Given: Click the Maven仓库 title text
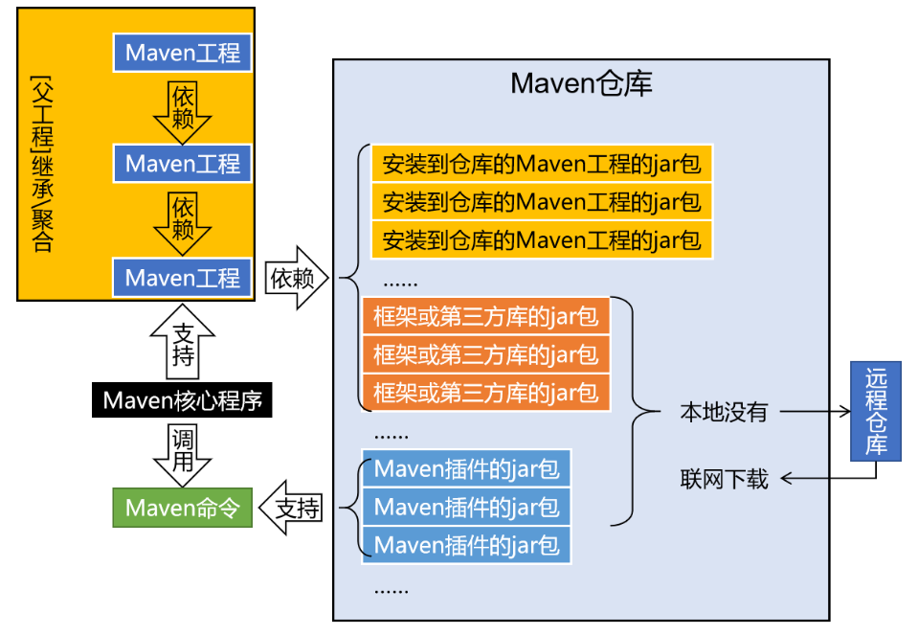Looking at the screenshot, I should [581, 84].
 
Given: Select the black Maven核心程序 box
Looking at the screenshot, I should [182, 399].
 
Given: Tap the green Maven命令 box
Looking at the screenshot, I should [182, 508].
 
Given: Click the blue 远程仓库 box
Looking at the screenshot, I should [876, 412].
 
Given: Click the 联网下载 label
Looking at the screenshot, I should [724, 478].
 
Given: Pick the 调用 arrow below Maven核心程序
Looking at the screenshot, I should [182, 451].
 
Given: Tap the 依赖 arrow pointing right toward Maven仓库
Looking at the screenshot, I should [296, 278].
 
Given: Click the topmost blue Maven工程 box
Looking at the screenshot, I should [182, 53].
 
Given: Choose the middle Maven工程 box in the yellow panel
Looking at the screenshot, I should [182, 164].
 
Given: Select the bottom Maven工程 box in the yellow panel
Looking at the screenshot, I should [182, 278].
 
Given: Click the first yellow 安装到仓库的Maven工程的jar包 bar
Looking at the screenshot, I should [542, 164].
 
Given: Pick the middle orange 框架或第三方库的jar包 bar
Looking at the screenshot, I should [485, 354].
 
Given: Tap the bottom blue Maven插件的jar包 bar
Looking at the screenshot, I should [466, 545].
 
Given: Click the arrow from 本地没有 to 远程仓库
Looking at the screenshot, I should [816, 412].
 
